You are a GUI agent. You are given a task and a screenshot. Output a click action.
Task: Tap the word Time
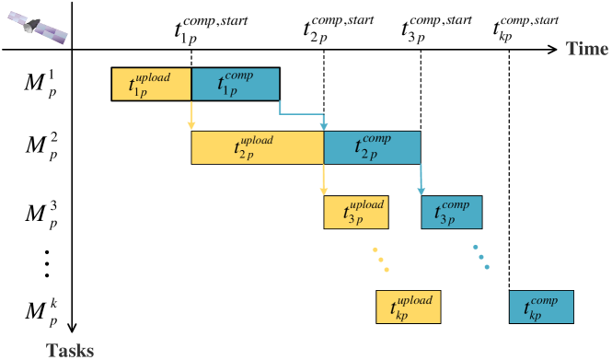586,49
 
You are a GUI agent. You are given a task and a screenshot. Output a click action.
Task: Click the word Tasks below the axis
71,350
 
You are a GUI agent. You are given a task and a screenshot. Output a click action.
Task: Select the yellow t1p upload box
152,84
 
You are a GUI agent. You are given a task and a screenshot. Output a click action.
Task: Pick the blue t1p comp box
235,84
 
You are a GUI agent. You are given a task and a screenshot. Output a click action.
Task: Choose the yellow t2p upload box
258,148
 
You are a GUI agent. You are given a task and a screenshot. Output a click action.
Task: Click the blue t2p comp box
372,148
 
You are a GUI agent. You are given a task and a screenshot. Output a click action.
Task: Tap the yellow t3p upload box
355,213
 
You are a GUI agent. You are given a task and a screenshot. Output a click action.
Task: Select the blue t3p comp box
451,213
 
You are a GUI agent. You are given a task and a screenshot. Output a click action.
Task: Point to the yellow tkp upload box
409,308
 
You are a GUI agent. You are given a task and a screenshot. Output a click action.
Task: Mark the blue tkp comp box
541,308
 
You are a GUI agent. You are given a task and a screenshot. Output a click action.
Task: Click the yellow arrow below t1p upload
191,115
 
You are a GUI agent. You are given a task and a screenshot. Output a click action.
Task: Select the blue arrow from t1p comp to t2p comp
304,115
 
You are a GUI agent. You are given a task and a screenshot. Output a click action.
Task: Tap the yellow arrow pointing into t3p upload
323,180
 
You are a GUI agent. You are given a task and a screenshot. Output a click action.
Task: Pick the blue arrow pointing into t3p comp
421,180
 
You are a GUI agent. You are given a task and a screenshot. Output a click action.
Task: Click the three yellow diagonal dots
380,260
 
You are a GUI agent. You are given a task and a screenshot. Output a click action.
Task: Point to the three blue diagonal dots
481,257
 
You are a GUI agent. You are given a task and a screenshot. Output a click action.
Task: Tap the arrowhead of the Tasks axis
73,327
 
